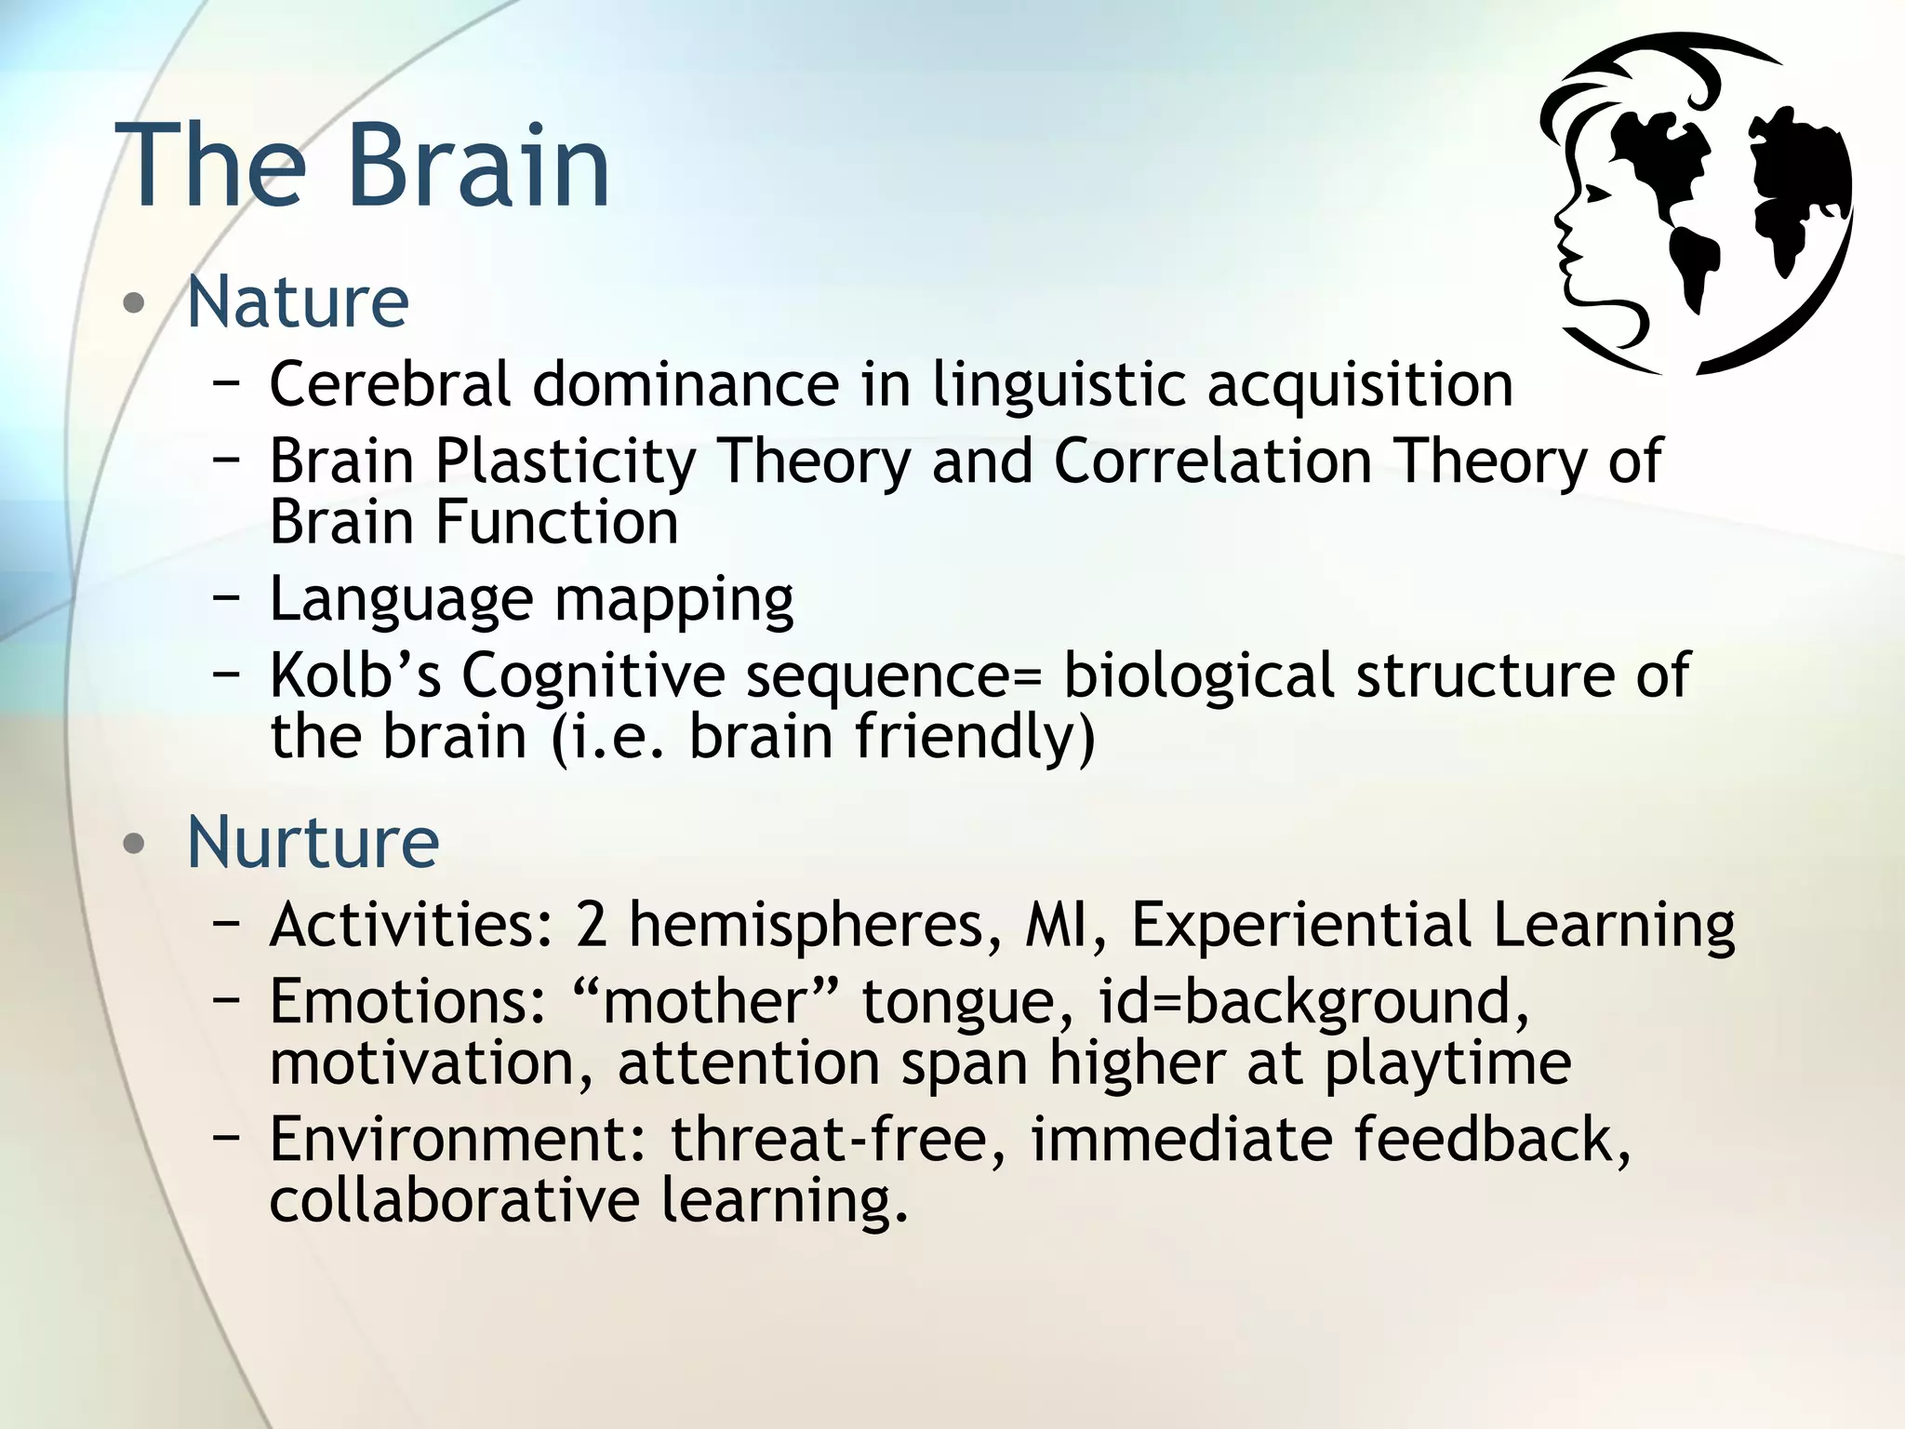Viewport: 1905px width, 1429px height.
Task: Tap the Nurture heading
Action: click(313, 843)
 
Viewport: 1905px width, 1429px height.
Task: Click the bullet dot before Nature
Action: click(135, 303)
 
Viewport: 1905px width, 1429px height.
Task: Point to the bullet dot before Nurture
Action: click(135, 844)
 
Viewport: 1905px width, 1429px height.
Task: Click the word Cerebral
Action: click(390, 384)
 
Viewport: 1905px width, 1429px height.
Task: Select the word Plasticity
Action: click(566, 462)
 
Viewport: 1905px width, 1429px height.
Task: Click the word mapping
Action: click(673, 600)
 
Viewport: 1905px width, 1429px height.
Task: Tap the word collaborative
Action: click(454, 1200)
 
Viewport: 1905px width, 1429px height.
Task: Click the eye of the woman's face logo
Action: click(1597, 194)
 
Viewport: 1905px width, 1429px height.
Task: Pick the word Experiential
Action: click(1299, 926)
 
